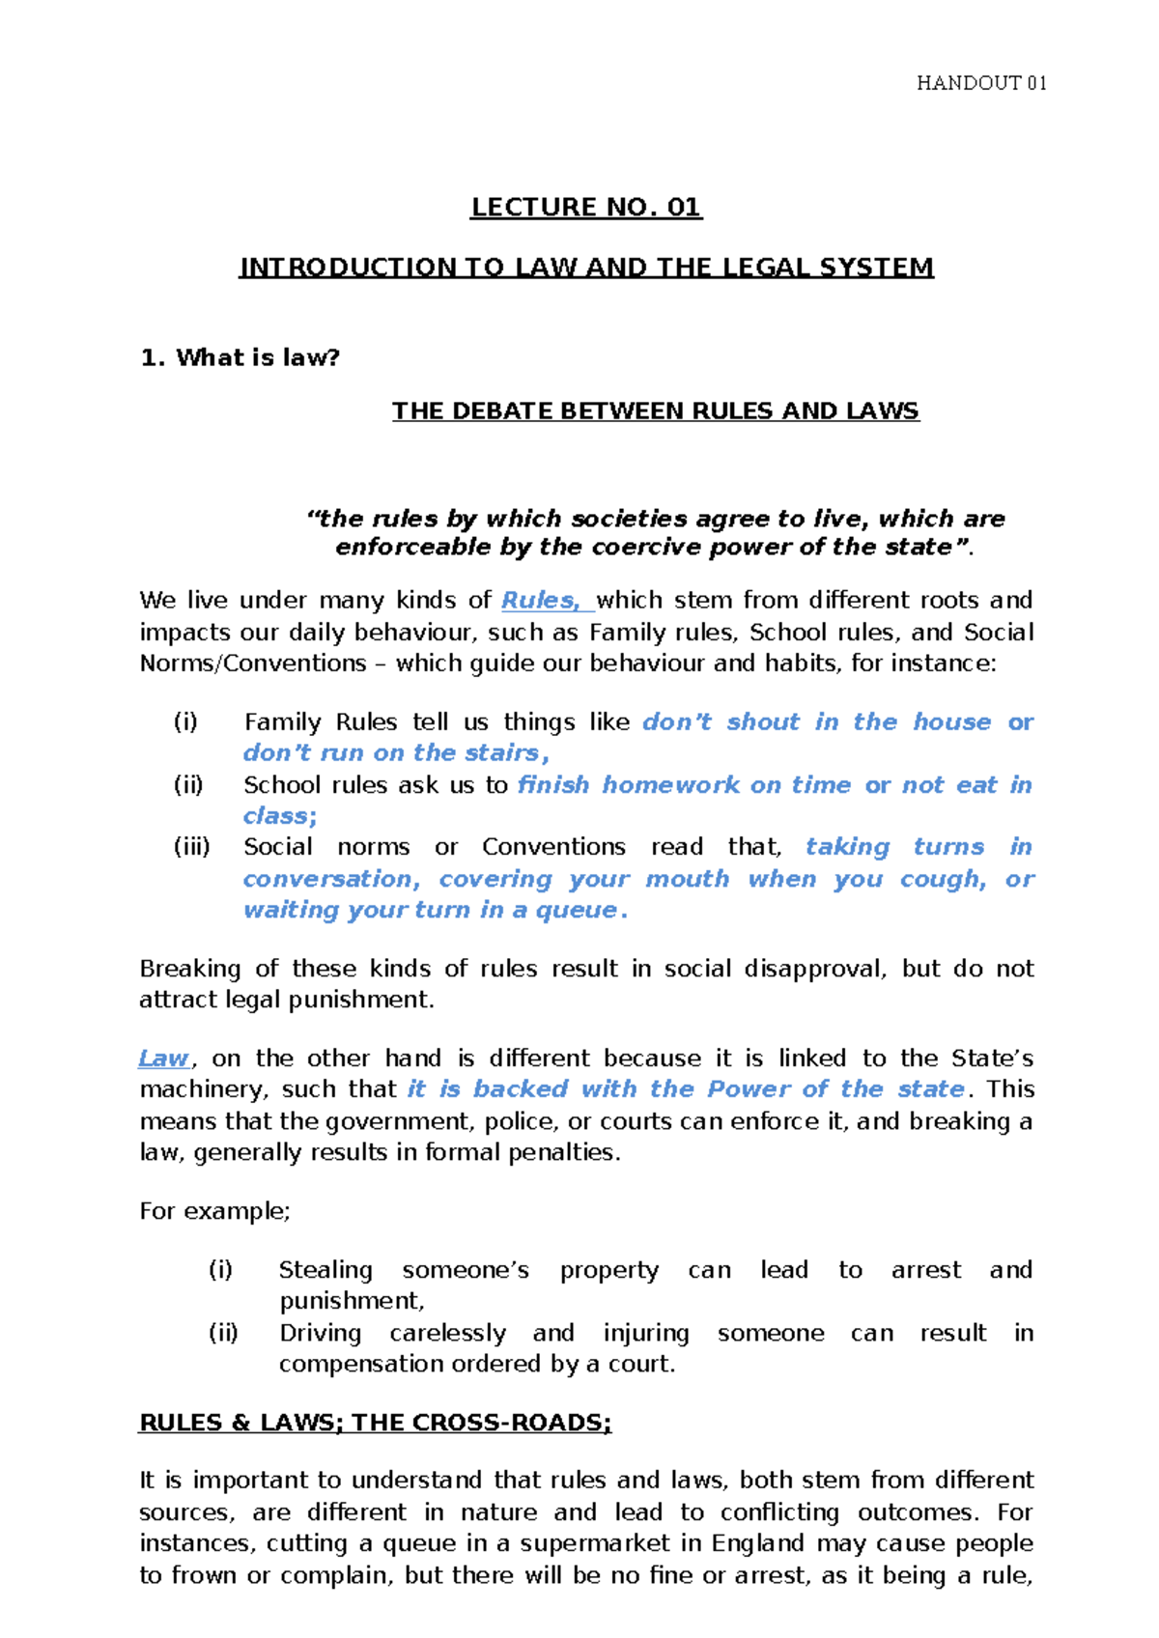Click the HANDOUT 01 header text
[x=980, y=83]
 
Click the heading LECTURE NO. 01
[x=585, y=208]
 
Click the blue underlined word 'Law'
[x=163, y=1059]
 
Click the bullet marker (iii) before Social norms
[x=191, y=847]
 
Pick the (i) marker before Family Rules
[x=184, y=722]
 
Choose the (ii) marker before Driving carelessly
[x=223, y=1333]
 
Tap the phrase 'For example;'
[x=214, y=1211]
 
